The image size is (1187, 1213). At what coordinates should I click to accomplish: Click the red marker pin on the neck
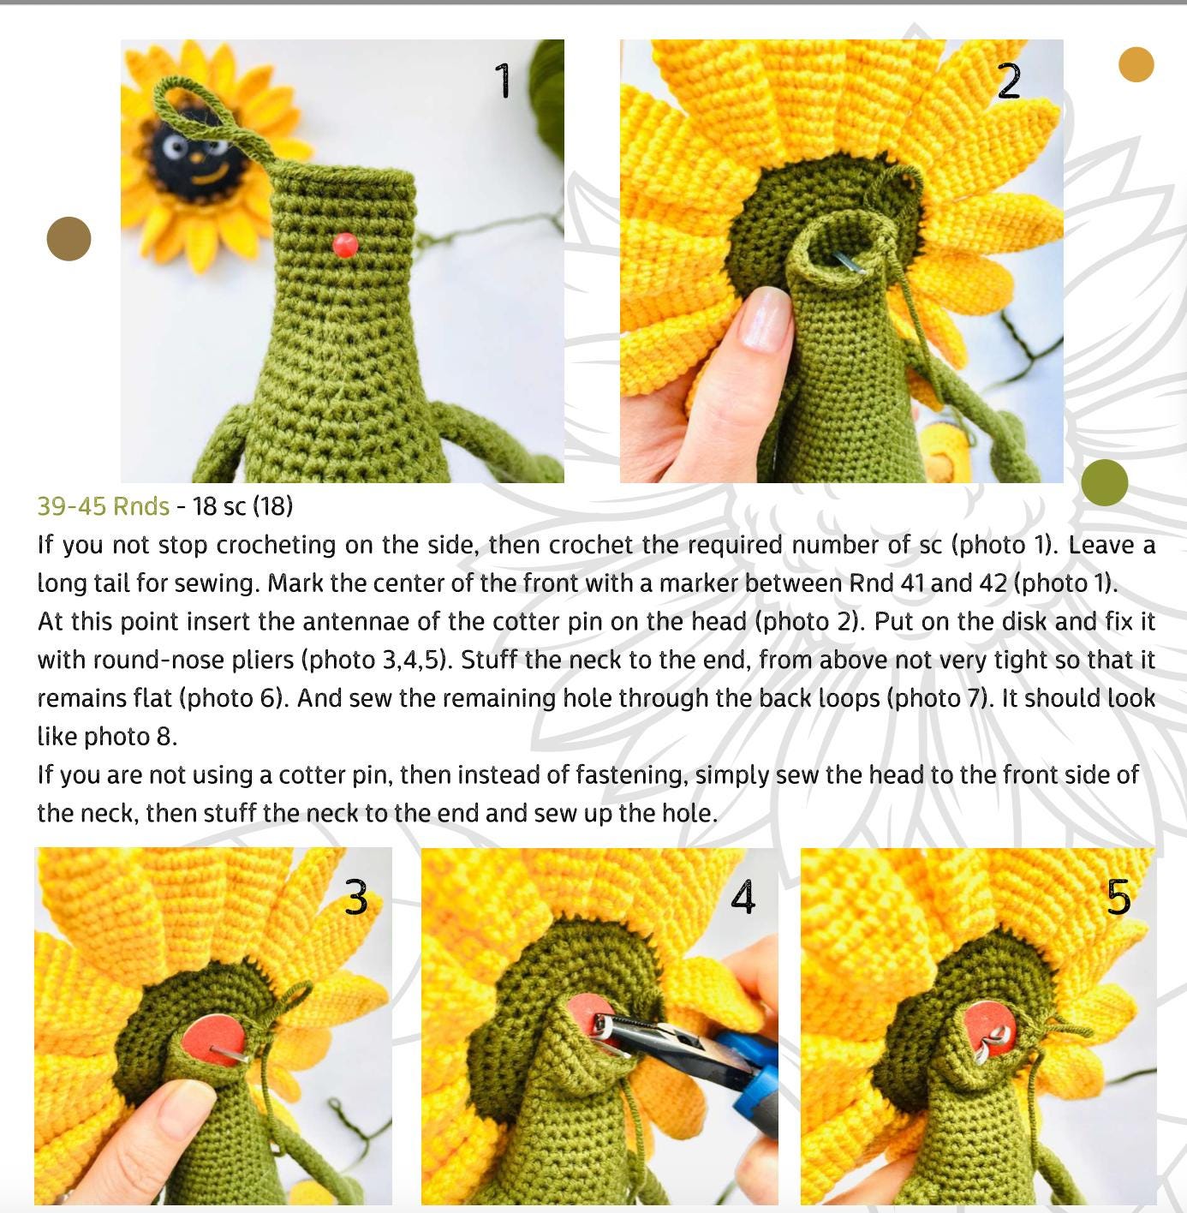click(x=345, y=245)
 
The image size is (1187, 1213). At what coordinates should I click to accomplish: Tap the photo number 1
click(x=503, y=80)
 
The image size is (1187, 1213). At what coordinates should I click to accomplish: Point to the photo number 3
click(x=356, y=897)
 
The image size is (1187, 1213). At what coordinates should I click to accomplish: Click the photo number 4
click(x=743, y=896)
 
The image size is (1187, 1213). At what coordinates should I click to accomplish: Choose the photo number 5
click(x=1118, y=897)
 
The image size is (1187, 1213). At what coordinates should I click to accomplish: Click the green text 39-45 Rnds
click(x=104, y=506)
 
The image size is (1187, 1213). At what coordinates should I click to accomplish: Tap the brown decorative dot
click(x=69, y=238)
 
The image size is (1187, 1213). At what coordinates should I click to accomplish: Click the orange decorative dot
click(x=1136, y=64)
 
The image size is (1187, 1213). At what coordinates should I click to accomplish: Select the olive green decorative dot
click(x=1105, y=482)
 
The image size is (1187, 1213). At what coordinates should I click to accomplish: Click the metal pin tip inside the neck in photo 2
click(x=850, y=263)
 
